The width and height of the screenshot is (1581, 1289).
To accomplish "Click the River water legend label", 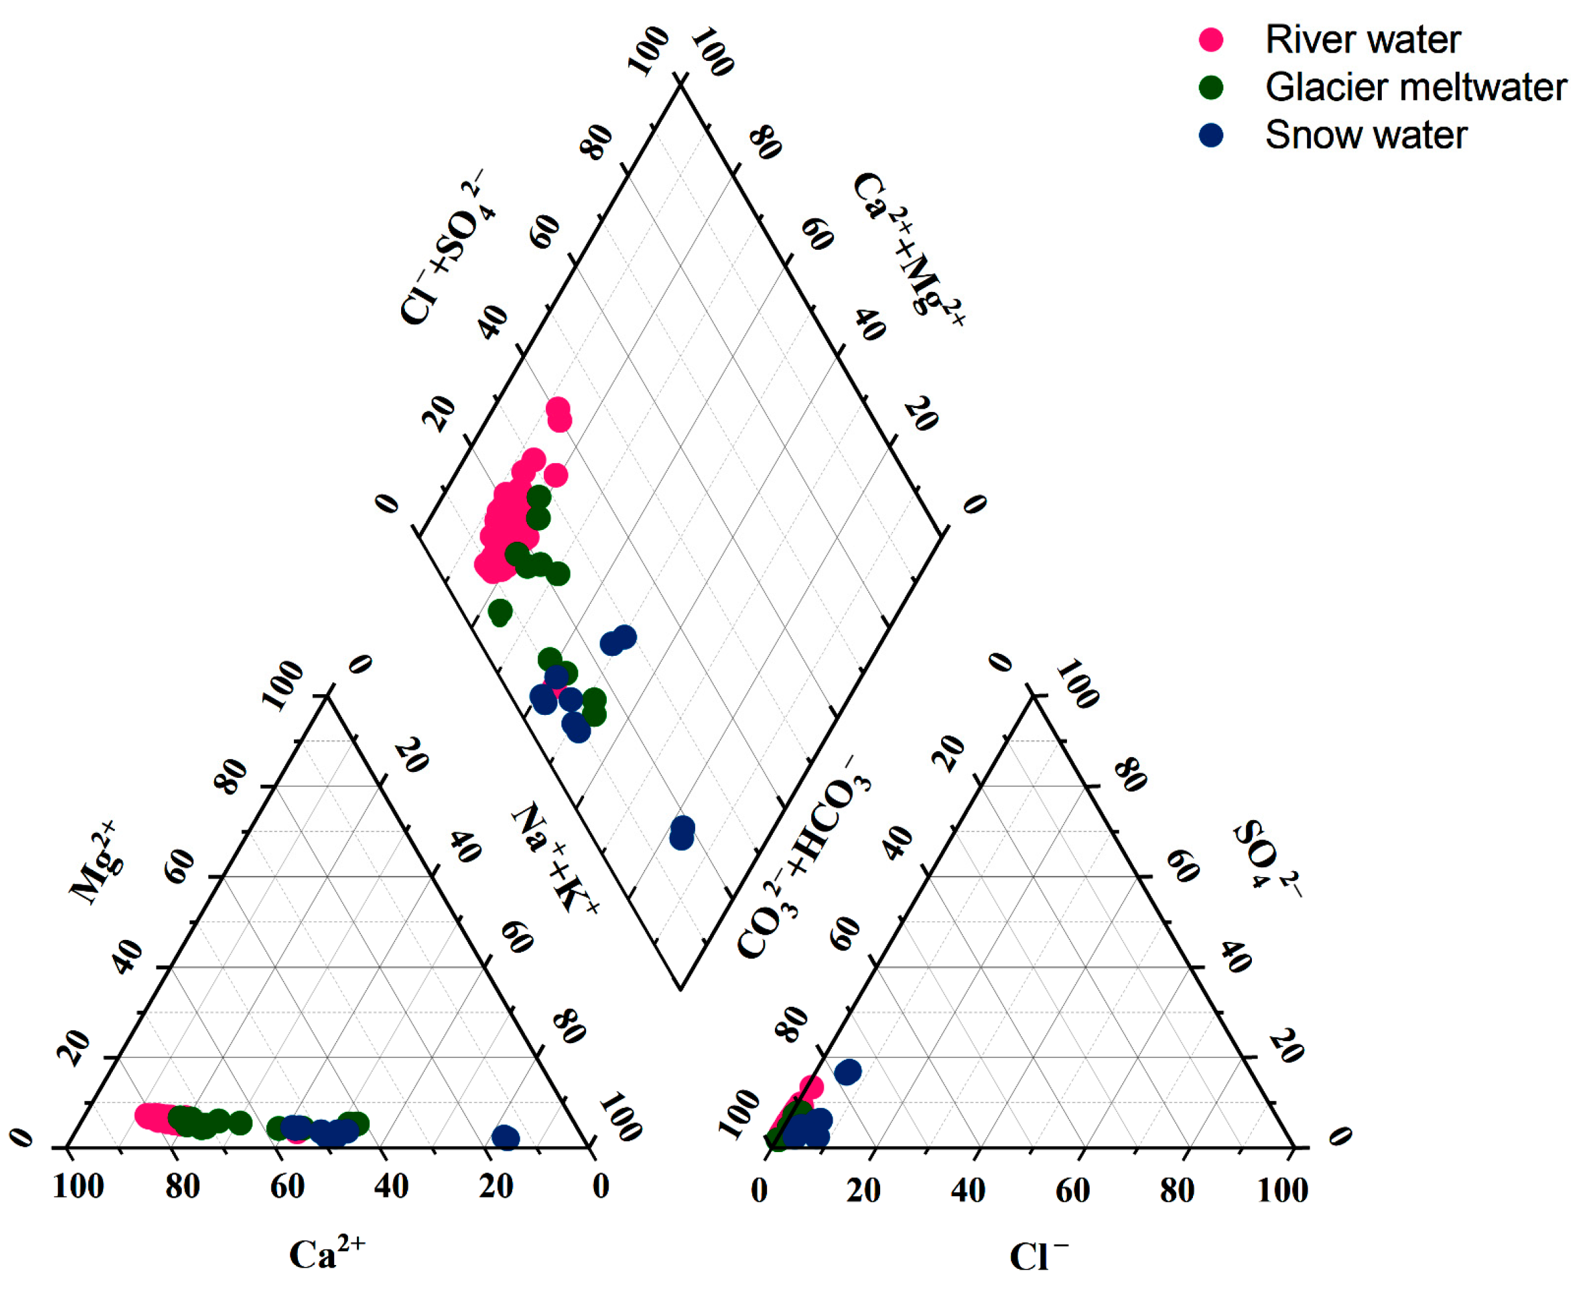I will coord(1362,40).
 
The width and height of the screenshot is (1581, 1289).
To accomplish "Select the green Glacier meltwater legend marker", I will coord(1211,88).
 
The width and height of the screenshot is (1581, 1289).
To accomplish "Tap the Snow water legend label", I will coord(1366,136).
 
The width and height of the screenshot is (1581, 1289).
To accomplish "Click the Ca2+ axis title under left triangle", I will coord(327,1254).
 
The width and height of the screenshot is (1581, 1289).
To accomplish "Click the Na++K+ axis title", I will coord(555,858).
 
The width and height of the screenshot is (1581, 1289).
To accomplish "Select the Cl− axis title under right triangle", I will coord(1038,1257).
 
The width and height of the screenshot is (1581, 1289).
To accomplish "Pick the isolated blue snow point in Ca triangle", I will coord(505,1137).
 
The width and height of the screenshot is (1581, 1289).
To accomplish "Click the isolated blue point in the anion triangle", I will coord(848,1072).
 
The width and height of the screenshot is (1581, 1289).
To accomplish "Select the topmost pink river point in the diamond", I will coord(558,409).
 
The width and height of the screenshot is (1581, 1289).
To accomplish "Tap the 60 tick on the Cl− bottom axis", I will coord(1073,1190).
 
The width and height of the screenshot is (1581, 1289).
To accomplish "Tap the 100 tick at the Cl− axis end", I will coord(1282,1190).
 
